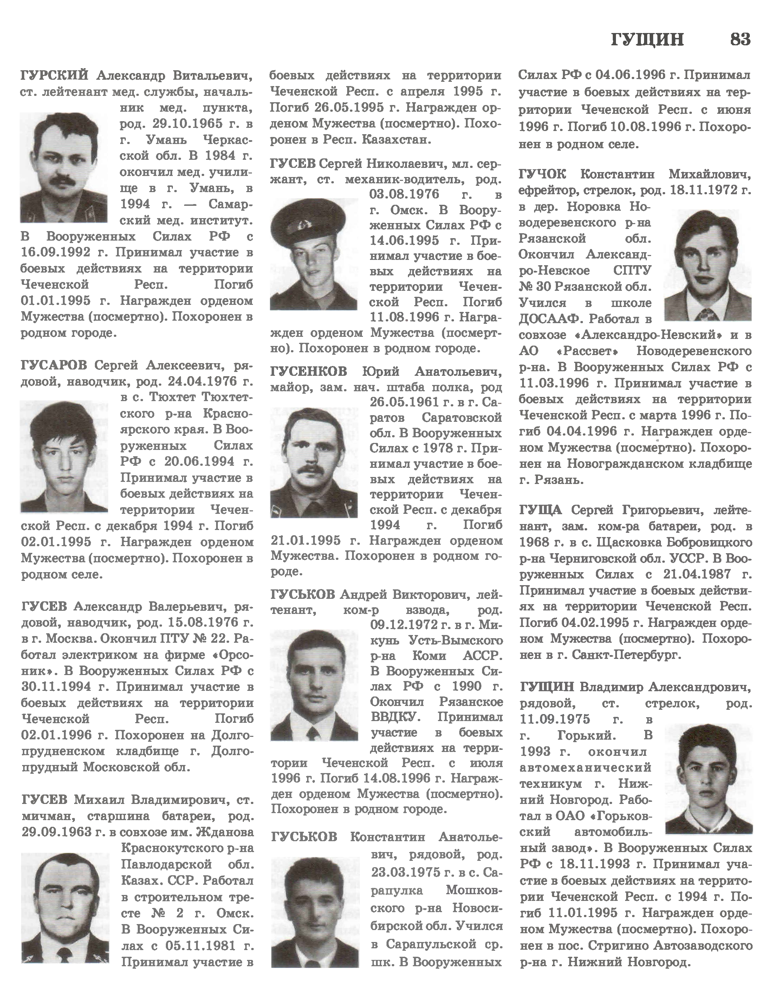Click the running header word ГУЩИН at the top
tap(647, 40)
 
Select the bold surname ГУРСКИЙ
tap(54, 75)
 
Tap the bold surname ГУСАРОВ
tap(54, 365)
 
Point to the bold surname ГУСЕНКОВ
tap(308, 371)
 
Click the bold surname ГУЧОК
tap(543, 175)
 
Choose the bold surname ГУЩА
tap(540, 510)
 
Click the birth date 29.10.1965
tap(172, 124)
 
